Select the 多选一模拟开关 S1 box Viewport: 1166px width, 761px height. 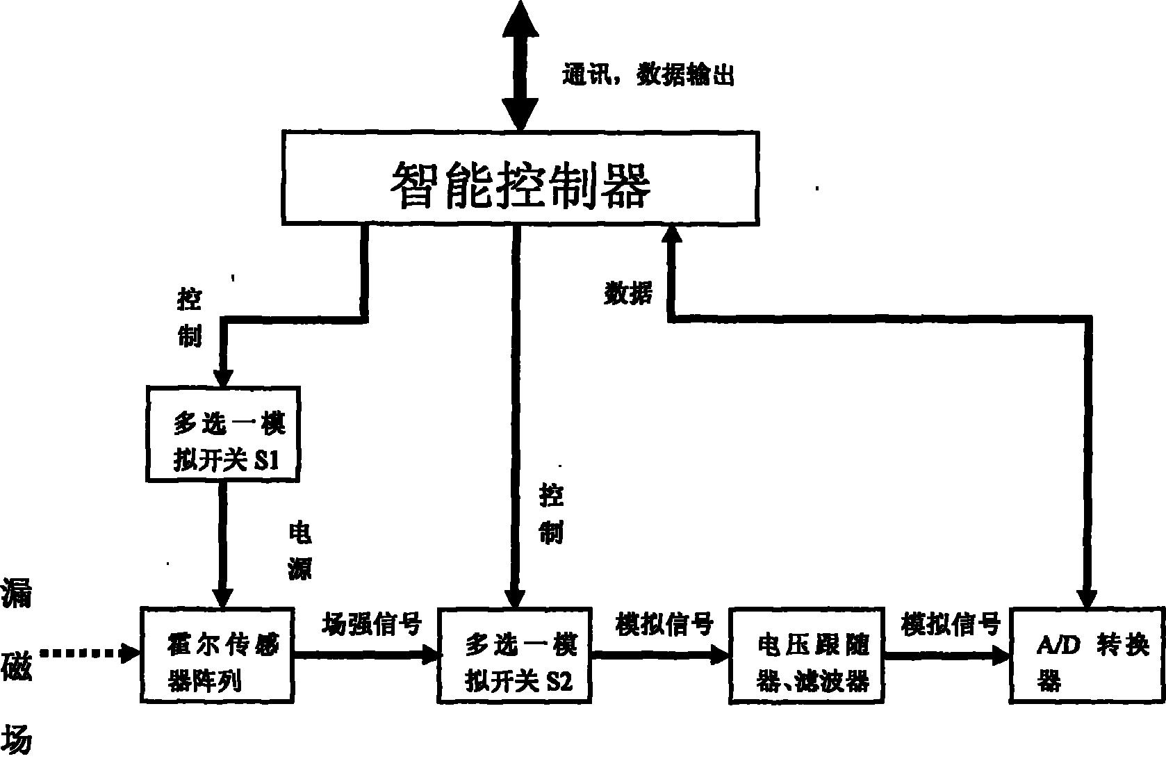[x=223, y=434]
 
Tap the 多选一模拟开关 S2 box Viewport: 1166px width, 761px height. [x=515, y=656]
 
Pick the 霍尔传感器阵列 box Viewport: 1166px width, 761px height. [x=218, y=656]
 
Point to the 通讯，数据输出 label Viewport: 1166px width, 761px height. [x=648, y=75]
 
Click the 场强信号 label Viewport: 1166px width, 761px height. [x=372, y=624]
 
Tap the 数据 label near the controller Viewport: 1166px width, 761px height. [x=628, y=293]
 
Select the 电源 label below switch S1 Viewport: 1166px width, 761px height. [x=300, y=550]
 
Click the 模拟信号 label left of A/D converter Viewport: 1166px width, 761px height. [x=951, y=624]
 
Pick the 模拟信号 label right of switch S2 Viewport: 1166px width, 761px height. [x=664, y=624]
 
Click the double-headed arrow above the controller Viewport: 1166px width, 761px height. [x=520, y=66]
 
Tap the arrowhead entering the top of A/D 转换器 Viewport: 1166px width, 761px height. [x=1087, y=598]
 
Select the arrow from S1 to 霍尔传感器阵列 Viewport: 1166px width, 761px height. [x=223, y=542]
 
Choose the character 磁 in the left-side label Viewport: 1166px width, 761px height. [x=17, y=672]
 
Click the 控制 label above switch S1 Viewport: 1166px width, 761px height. [x=190, y=318]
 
